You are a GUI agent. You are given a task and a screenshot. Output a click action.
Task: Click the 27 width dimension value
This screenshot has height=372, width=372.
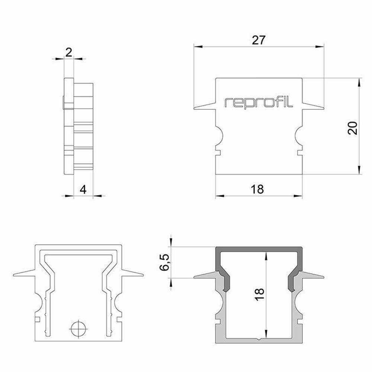coord(258,40)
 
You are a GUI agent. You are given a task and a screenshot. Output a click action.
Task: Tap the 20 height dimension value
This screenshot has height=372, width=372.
coord(353,128)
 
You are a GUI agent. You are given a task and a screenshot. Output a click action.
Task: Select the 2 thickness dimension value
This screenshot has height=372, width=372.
coord(68,52)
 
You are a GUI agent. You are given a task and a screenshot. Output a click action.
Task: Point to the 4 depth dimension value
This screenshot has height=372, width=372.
coord(83,190)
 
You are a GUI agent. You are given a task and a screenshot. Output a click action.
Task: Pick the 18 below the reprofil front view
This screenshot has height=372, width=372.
coord(257,189)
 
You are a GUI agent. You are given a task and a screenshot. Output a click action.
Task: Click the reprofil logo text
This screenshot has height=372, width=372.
coord(259,102)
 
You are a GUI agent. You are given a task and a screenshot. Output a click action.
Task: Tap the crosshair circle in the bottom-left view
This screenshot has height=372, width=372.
coord(78,329)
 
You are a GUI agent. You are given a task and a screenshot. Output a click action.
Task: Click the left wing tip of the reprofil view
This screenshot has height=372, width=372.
coord(194,109)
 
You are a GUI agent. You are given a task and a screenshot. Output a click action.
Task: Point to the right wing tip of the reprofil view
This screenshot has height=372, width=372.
coord(323,109)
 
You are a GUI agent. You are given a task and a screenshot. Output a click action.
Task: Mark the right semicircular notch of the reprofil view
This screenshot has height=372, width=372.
coord(298,136)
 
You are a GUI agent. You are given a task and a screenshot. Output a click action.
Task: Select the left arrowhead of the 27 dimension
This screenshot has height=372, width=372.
coord(198,46)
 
